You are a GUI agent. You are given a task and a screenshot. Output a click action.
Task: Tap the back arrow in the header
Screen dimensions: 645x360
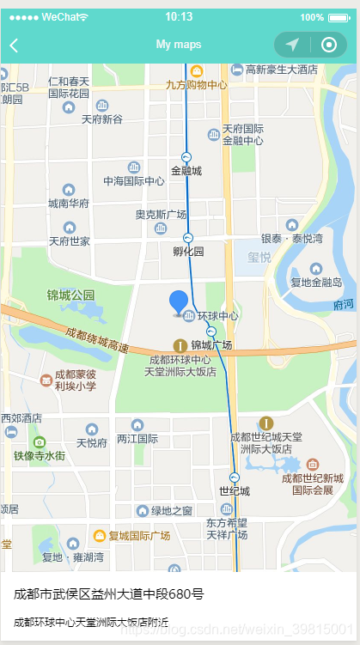coord(14,46)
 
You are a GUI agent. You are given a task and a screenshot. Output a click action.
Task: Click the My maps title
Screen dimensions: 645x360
coord(179,45)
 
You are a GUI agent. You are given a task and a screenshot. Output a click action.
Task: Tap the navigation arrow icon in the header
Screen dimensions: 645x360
coord(292,45)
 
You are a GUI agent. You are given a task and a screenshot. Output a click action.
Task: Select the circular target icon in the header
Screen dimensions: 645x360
coord(328,45)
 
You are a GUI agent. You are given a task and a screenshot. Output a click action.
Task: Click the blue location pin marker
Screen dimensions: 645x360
coord(179,302)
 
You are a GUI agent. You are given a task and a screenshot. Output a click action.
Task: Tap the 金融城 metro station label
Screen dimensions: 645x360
coord(186,170)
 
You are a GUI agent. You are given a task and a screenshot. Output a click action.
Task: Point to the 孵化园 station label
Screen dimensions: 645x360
coord(188,252)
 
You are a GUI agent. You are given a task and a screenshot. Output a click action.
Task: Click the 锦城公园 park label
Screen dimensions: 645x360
coord(71,295)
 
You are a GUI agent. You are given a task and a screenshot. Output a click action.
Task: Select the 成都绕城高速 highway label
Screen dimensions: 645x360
coord(96,340)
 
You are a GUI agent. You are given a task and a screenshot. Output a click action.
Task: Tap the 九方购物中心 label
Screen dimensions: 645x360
coord(197,84)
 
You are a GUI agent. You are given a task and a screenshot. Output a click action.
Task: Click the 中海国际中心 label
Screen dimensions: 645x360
coord(134,181)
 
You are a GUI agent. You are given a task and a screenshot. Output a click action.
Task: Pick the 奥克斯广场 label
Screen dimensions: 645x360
coord(161,215)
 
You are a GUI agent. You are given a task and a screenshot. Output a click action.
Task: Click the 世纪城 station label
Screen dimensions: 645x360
coord(234,490)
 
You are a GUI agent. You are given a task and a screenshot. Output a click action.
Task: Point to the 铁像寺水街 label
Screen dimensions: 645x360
coord(39,455)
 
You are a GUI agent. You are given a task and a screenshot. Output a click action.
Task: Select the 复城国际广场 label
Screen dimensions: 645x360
coord(139,536)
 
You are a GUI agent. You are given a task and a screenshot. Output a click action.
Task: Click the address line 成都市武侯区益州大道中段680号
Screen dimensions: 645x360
coord(108,593)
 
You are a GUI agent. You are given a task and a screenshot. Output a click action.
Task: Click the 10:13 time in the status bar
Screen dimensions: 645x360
coord(179,16)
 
